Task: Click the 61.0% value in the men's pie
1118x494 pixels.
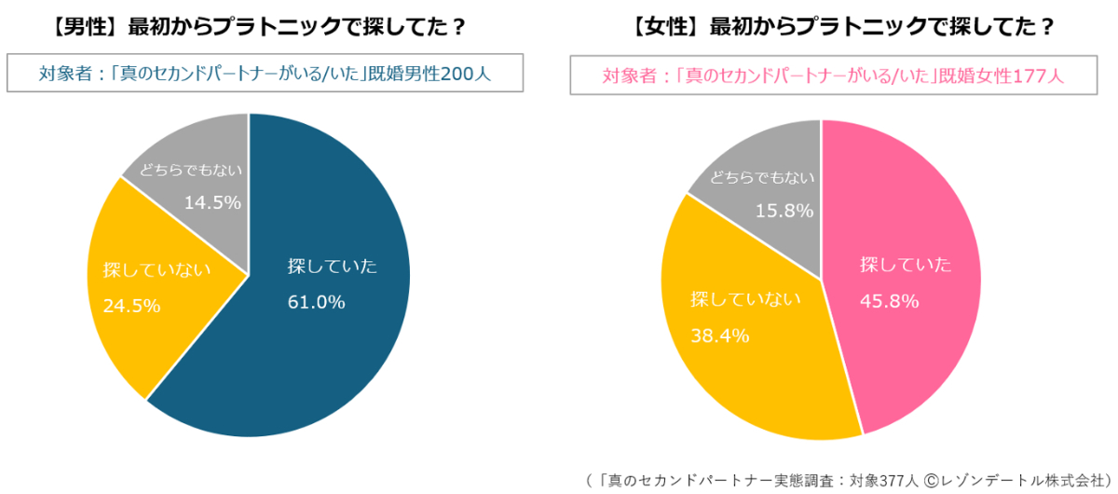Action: [x=317, y=302]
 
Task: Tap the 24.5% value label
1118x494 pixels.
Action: [x=131, y=306]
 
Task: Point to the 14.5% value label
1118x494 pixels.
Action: [x=212, y=202]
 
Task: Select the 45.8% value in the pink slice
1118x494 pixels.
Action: [x=889, y=301]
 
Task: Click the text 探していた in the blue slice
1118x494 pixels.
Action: [x=333, y=267]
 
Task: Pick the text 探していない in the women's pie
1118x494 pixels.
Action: [x=744, y=300]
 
